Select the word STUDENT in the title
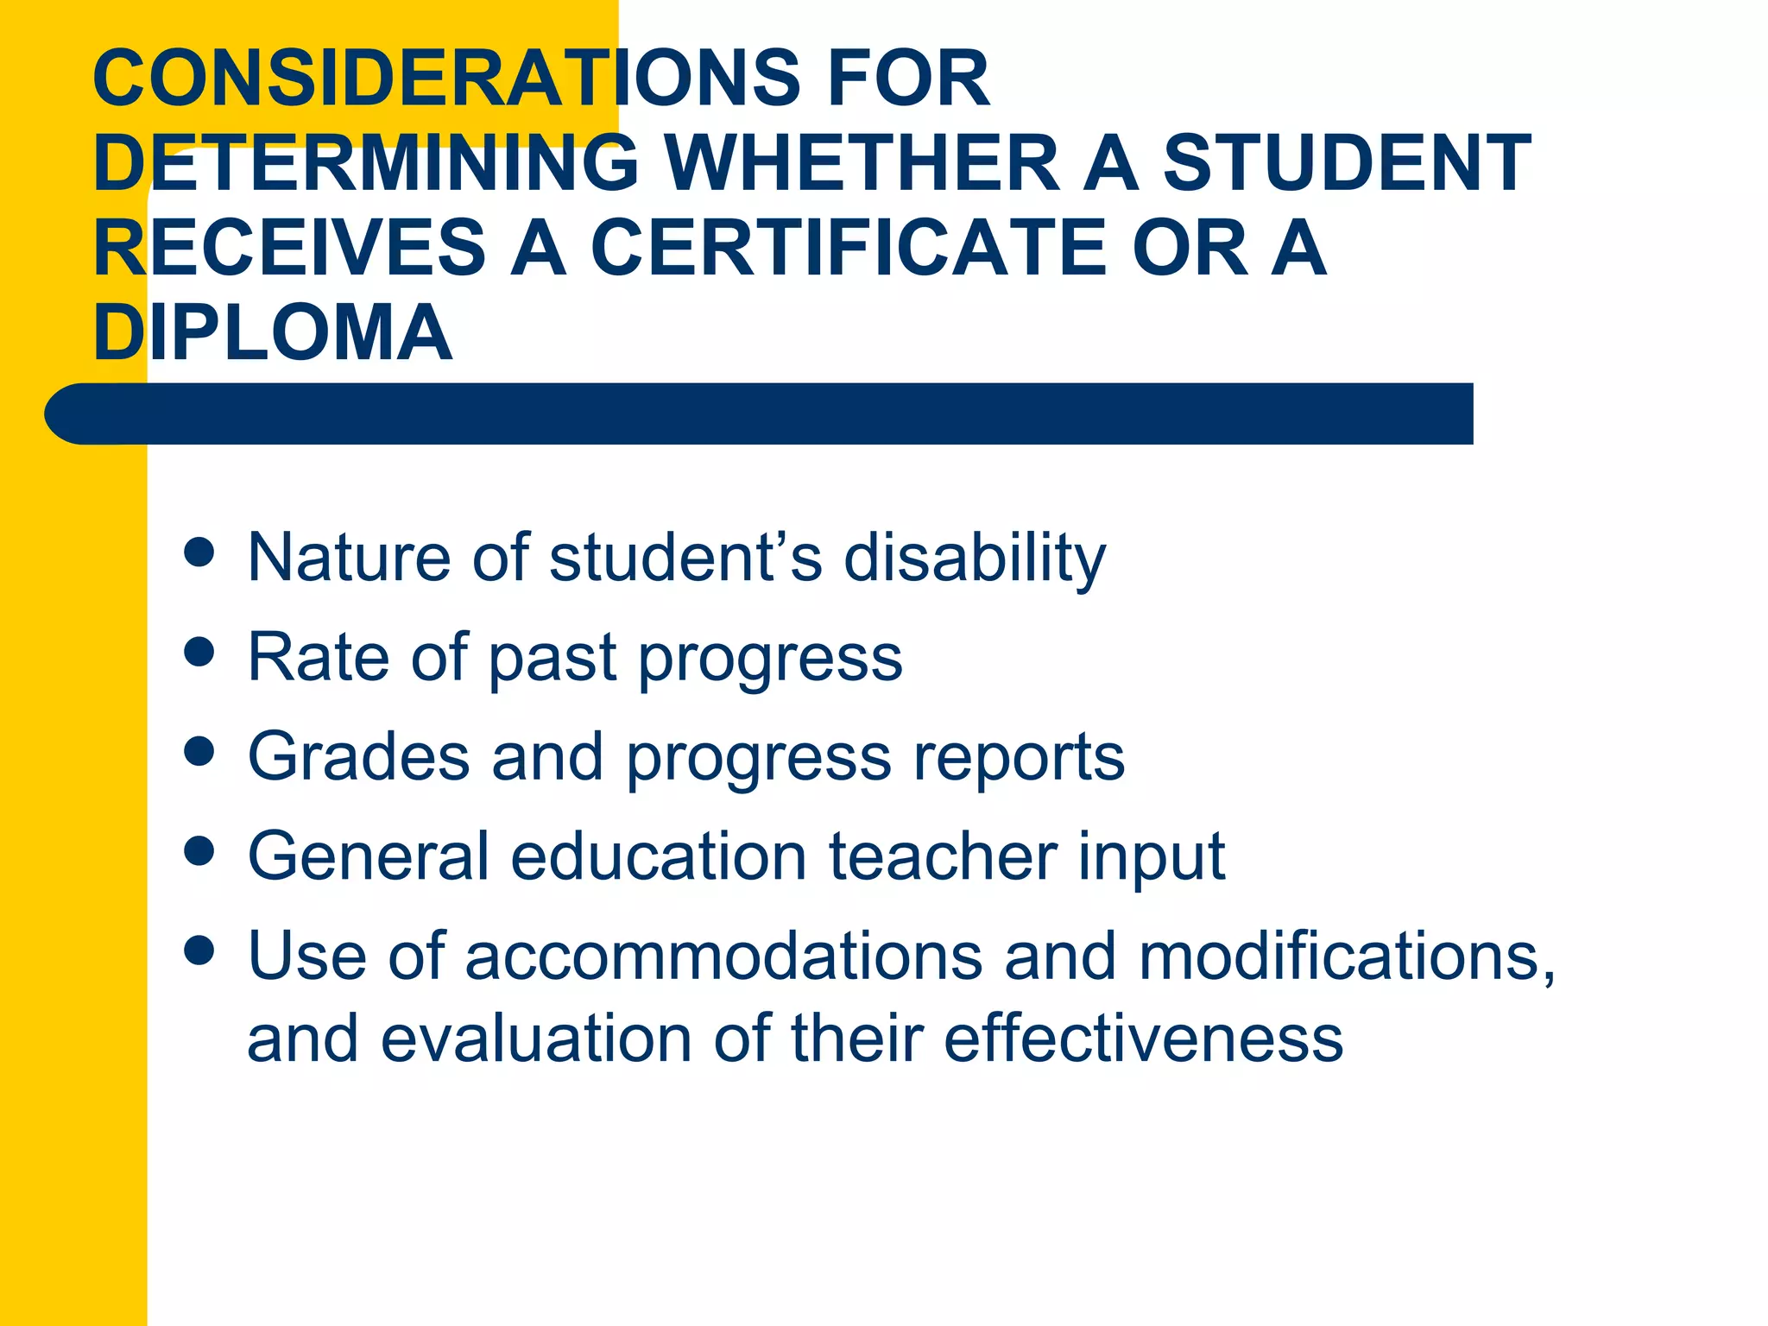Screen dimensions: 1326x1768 point(1347,163)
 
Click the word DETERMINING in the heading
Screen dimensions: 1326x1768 point(366,163)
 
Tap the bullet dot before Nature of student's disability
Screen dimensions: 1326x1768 point(199,552)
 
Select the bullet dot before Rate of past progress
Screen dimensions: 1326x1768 point(199,652)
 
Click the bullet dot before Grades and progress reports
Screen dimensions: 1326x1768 point(199,751)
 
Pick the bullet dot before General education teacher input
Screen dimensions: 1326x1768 point(199,851)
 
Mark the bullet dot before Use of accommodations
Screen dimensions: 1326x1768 point(199,950)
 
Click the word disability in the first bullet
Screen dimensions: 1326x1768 point(975,558)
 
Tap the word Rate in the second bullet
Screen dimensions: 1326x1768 point(318,657)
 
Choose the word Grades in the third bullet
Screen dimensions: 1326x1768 point(358,757)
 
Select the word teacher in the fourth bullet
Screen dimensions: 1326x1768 point(943,856)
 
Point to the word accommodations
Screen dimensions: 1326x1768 point(723,957)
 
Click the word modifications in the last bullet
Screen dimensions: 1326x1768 point(1347,957)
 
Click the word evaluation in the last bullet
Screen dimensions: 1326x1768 point(536,1039)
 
